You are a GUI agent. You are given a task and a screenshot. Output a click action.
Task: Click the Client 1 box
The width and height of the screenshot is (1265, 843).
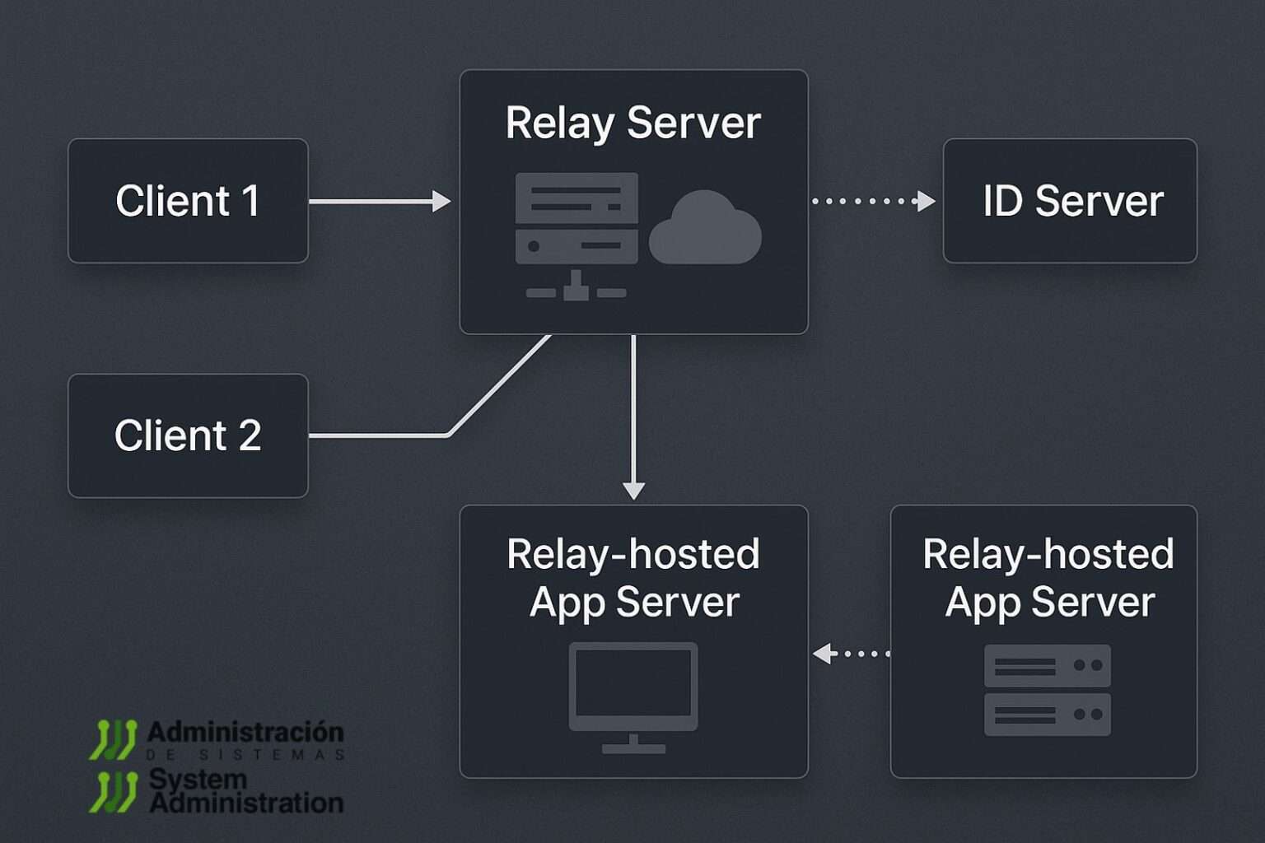[188, 201]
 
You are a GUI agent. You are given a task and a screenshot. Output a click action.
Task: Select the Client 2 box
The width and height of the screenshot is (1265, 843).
[188, 435]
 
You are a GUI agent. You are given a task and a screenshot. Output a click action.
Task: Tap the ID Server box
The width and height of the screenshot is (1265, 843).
[1069, 201]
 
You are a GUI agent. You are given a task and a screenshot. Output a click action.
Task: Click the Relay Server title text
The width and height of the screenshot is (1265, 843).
[632, 123]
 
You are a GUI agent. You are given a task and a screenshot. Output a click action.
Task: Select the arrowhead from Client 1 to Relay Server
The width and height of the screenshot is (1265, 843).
[442, 201]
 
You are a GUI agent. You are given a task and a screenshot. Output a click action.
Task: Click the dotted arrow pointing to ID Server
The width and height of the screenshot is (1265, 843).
[873, 201]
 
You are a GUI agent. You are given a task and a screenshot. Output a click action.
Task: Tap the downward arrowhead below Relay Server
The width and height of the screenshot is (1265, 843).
[633, 491]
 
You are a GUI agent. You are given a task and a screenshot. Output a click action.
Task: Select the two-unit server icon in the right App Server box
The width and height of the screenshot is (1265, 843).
[1047, 690]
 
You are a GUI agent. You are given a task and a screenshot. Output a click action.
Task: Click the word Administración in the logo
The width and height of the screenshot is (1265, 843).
[245, 731]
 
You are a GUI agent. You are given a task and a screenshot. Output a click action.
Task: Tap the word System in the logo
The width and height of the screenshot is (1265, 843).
[198, 778]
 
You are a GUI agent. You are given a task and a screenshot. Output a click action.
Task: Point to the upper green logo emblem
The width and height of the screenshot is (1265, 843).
[113, 738]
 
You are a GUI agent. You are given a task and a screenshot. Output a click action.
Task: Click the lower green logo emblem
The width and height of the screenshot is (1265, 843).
[113, 791]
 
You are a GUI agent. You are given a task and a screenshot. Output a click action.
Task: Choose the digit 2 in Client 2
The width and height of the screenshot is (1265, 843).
[250, 435]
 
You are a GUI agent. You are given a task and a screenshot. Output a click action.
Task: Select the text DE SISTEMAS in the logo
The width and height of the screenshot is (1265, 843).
[245, 754]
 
